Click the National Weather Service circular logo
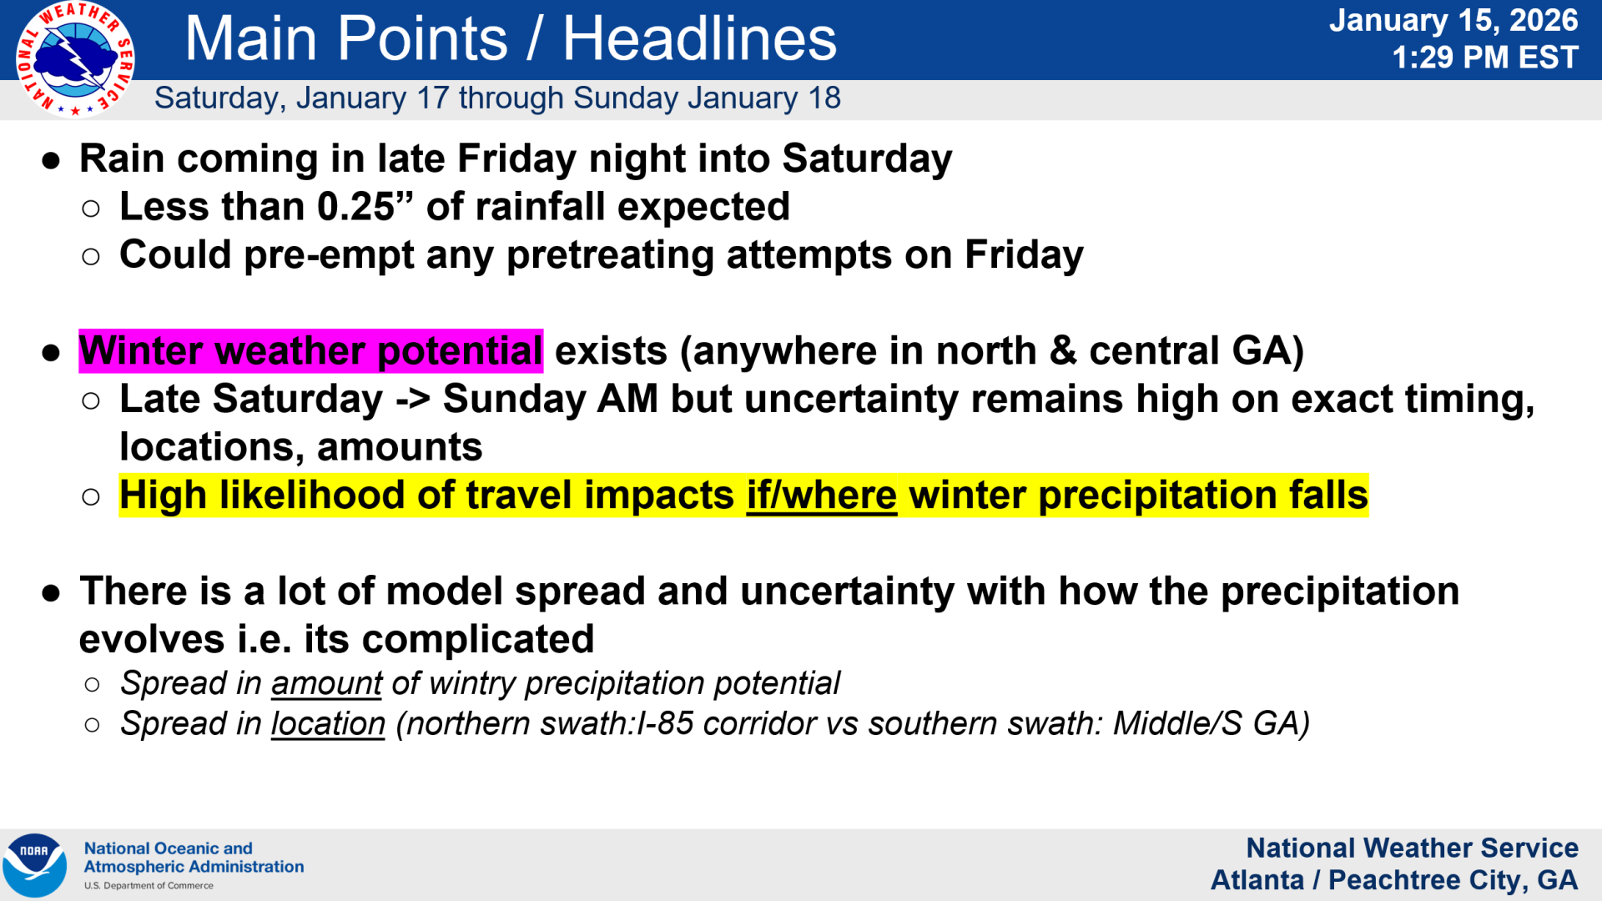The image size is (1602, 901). tap(75, 59)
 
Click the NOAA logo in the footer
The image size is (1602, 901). tap(34, 865)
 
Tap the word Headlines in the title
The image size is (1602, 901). tap(699, 38)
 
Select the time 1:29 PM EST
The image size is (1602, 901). tap(1484, 58)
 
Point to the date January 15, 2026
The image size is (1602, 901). tap(1453, 20)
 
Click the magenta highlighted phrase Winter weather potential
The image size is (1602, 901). tap(311, 350)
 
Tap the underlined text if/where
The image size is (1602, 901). tap(821, 496)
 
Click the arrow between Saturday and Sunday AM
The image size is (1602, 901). tap(413, 400)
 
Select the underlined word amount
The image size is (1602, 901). tap(326, 683)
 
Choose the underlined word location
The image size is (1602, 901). tap(328, 724)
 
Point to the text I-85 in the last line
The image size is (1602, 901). tap(664, 723)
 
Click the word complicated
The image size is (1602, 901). tap(478, 640)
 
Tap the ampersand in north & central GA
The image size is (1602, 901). tap(1062, 350)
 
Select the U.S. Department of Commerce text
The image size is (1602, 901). tap(149, 886)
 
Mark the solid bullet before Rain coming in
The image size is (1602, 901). tap(52, 160)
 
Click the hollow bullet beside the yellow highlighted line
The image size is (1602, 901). tap(91, 497)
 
